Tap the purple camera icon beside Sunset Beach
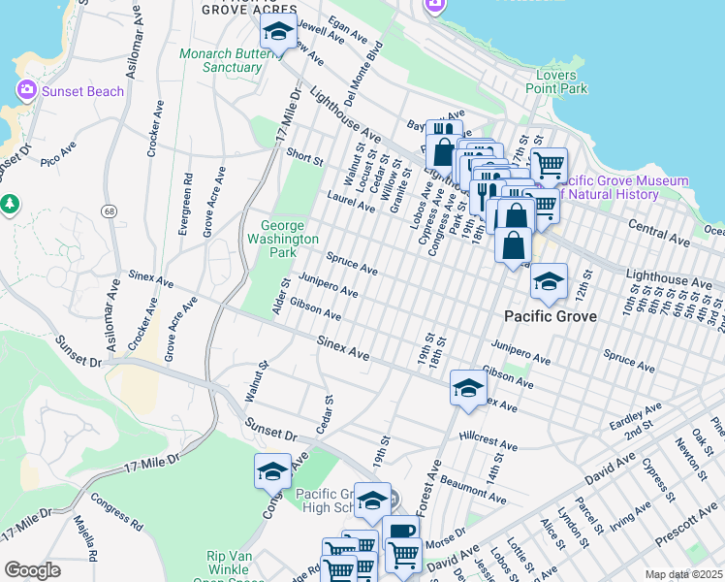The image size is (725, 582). point(26,91)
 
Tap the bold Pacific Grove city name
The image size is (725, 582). point(549,317)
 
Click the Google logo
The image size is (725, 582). point(32,570)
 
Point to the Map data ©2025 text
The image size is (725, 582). point(683,574)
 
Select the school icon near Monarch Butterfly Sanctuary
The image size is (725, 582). point(278,34)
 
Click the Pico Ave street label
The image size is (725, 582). point(57,153)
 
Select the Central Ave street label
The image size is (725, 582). point(657,230)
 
